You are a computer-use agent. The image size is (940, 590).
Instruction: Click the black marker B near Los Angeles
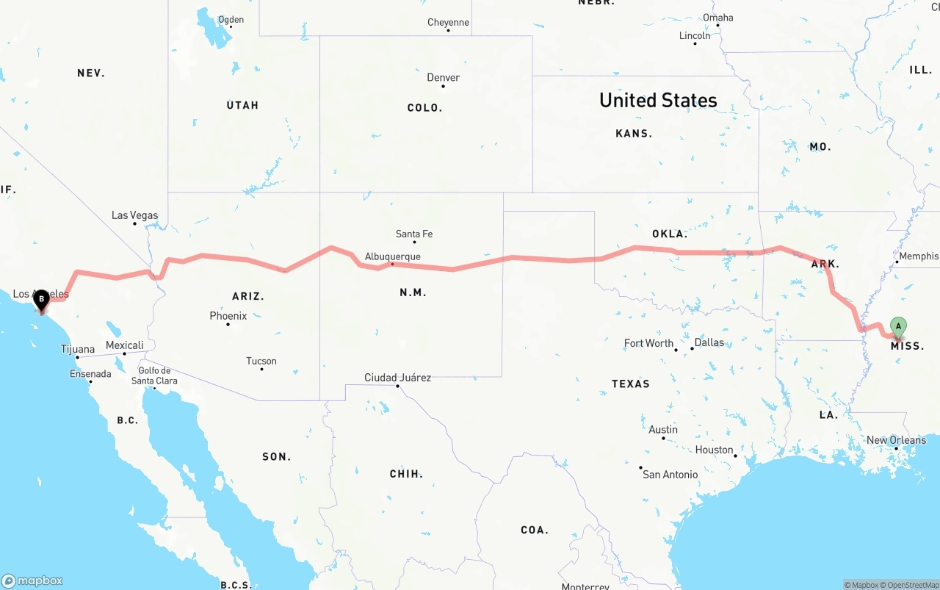click(42, 299)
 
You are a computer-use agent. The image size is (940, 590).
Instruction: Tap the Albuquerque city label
click(392, 256)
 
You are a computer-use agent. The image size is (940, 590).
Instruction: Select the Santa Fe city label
click(414, 234)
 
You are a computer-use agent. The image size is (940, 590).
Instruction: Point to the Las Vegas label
click(134, 215)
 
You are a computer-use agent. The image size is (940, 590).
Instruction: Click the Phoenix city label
click(228, 316)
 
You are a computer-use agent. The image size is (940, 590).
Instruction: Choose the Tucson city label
click(261, 361)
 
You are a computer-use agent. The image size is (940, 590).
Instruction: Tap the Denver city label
click(444, 77)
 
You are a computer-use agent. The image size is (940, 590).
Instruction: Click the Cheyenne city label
click(448, 23)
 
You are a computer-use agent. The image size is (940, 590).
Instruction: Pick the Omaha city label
click(717, 18)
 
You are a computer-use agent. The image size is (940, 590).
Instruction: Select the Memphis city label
click(918, 256)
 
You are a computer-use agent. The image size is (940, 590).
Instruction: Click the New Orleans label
click(896, 440)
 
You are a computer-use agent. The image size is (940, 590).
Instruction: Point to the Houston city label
click(715, 450)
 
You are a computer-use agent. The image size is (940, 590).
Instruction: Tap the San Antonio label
click(670, 474)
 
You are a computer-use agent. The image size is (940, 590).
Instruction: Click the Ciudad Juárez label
click(397, 378)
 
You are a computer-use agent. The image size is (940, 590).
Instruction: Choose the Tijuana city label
click(78, 349)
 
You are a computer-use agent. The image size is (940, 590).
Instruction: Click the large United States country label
click(658, 100)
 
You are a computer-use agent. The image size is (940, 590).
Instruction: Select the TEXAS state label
click(630, 384)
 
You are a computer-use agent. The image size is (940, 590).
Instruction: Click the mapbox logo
click(32, 580)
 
